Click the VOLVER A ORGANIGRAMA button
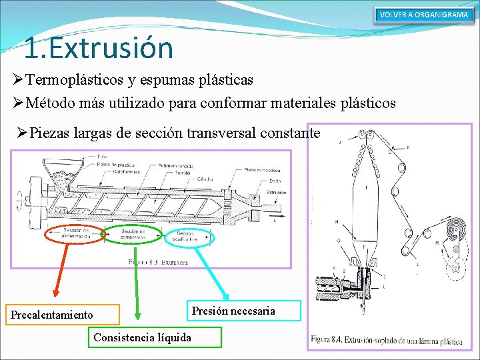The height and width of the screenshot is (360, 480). pyautogui.click(x=423, y=15)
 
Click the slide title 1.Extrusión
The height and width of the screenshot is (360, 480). pyautogui.click(x=98, y=47)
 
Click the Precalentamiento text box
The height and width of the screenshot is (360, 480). pyautogui.click(x=64, y=315)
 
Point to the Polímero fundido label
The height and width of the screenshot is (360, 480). pyautogui.click(x=177, y=165)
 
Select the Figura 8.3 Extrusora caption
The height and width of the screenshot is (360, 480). pyautogui.click(x=158, y=263)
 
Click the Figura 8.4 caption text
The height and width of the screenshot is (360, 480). pyautogui.click(x=386, y=341)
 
